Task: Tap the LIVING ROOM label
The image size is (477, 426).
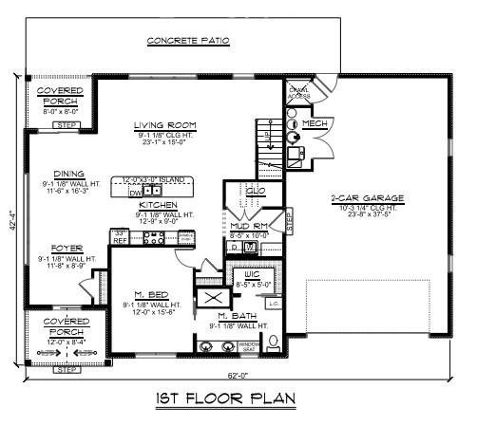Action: click(x=164, y=125)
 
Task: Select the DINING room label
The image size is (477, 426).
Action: click(x=57, y=174)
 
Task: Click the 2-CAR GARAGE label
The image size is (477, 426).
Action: click(x=368, y=197)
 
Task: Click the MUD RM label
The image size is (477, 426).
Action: click(x=246, y=226)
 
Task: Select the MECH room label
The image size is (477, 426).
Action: click(x=316, y=124)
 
